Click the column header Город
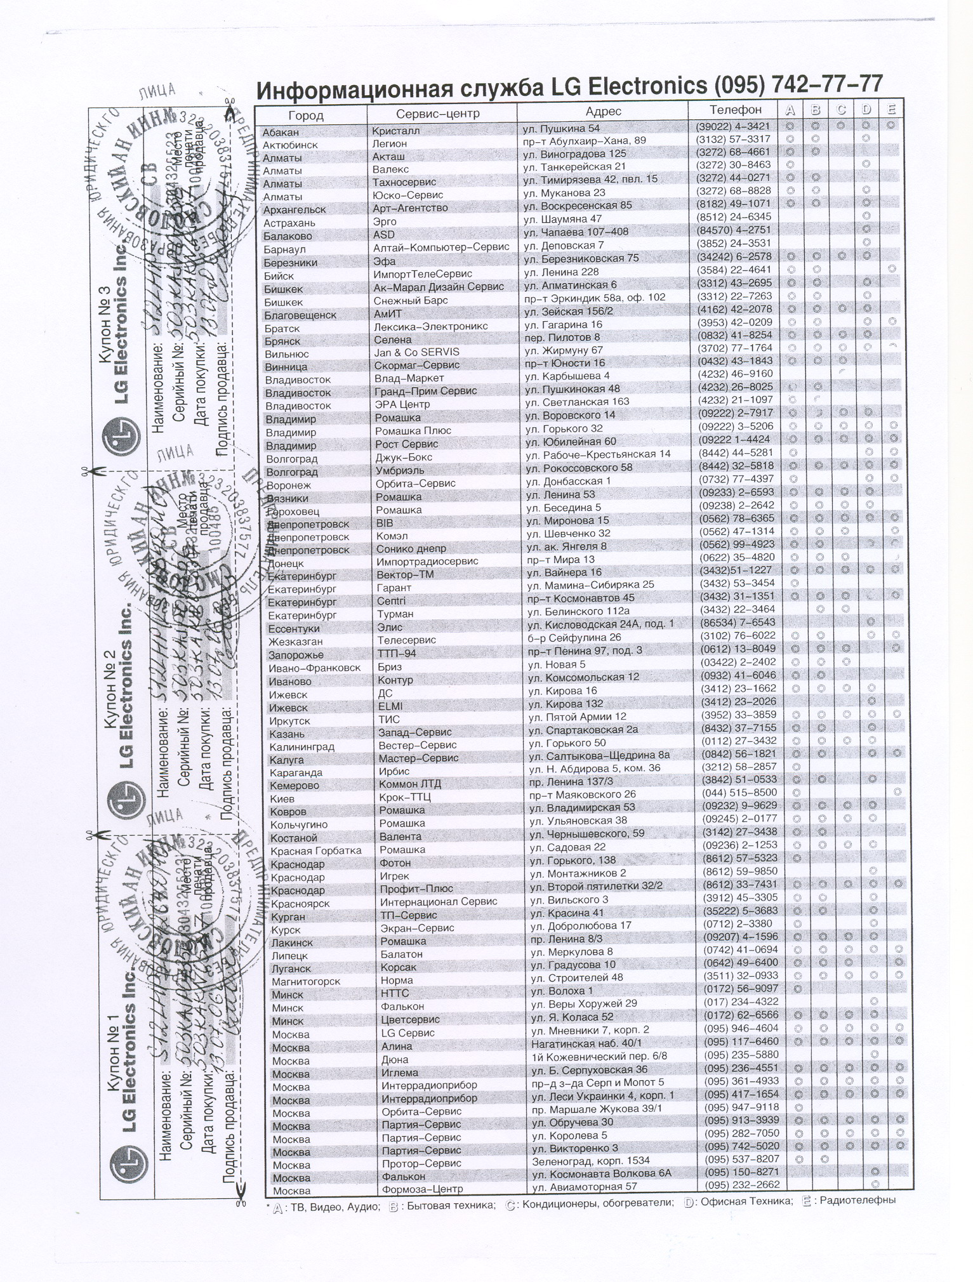[x=305, y=116]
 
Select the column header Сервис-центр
[x=437, y=114]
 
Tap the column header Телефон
[x=735, y=110]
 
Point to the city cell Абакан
[x=281, y=133]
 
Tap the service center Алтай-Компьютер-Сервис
[x=441, y=246]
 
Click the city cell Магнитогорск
[x=306, y=981]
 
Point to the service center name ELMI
[x=390, y=706]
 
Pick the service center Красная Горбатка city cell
[x=315, y=850]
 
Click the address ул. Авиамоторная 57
[x=584, y=1186]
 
